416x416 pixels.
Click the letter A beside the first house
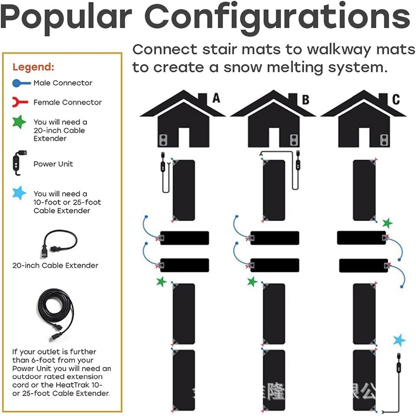tap(216, 98)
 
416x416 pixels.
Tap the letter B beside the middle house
tap(305, 99)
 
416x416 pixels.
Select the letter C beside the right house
tap(396, 99)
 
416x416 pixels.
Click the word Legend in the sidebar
tap(33, 67)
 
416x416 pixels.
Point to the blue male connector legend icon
tap(21, 83)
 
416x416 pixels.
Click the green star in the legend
tap(19, 123)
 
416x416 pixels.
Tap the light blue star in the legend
tap(19, 194)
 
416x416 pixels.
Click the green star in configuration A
tap(162, 282)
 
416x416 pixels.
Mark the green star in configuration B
tap(252, 282)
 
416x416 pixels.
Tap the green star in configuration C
tap(387, 223)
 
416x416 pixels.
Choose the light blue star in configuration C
tap(399, 341)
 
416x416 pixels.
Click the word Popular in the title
tap(66, 17)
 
